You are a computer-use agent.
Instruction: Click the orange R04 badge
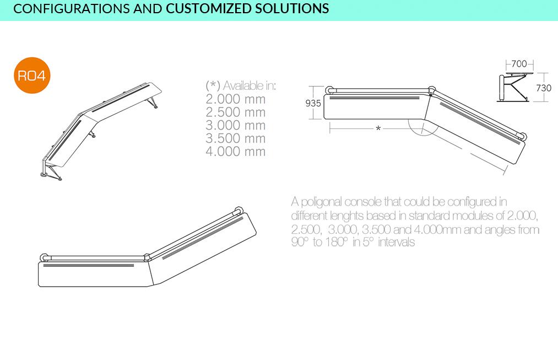tap(31, 76)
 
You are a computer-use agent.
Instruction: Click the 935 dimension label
tap(313, 103)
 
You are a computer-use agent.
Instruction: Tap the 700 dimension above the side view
tap(519, 64)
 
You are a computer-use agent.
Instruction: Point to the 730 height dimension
tap(544, 88)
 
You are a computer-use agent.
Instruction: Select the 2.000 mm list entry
tap(236, 99)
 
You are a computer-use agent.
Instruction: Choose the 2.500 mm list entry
tap(236, 112)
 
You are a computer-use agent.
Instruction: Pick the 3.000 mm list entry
tap(236, 125)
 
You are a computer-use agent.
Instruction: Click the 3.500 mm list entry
tap(236, 138)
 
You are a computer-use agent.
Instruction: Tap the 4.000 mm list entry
tap(236, 152)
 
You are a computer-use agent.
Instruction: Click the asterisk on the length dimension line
tap(378, 128)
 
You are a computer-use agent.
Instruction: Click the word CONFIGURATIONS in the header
tap(72, 9)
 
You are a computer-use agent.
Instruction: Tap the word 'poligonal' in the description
tap(322, 202)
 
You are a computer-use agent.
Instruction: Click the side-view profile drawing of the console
tap(515, 87)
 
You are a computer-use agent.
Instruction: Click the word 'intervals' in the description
tap(397, 242)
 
